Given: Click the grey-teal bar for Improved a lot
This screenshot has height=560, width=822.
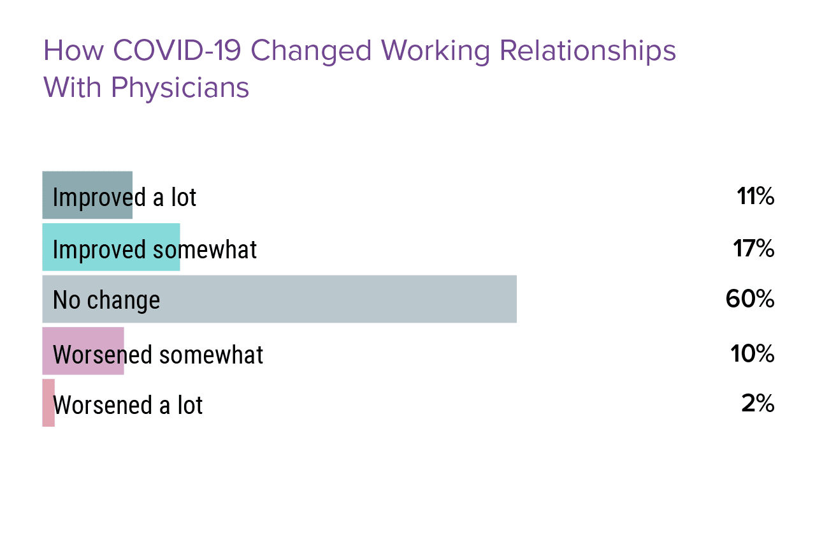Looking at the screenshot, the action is tap(87, 195).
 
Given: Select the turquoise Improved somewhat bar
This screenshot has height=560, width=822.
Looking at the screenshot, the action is tap(111, 247).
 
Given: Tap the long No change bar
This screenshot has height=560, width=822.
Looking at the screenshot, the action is tap(280, 299).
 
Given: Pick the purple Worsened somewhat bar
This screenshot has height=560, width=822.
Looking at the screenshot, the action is tap(83, 351).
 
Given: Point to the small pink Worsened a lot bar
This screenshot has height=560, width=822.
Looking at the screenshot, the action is tap(48, 403).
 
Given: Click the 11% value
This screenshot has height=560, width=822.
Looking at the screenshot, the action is tap(756, 196).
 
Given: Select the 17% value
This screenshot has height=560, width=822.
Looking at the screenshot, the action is tap(754, 248).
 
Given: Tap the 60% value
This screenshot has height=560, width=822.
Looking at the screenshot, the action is tap(750, 298).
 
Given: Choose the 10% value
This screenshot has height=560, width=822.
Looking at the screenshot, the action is tap(753, 353).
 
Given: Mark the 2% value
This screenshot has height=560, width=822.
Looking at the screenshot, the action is tap(758, 404).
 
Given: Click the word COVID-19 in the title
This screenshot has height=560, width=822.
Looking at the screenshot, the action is tap(177, 50).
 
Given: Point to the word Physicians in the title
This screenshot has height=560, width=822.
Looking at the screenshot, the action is tap(180, 88).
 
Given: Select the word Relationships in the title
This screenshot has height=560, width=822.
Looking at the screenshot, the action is tap(588, 52).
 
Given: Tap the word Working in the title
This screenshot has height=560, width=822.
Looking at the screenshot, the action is tap(435, 52).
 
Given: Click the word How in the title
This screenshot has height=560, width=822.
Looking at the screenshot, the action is tap(74, 50).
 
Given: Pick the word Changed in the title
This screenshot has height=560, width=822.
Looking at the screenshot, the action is tap(311, 52).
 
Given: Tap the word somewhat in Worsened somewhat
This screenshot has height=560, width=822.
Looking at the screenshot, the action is tap(212, 355).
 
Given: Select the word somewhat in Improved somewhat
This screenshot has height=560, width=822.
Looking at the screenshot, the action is tap(205, 250).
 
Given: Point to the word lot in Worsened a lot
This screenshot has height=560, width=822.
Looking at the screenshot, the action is tap(190, 405).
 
